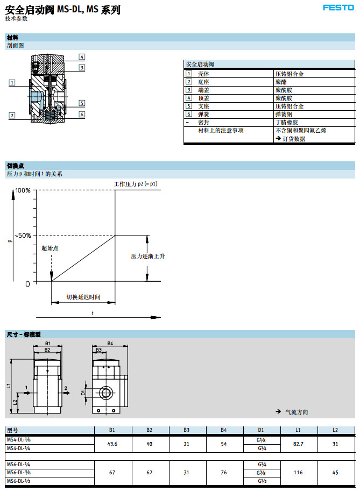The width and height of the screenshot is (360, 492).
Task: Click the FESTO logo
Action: [338, 8]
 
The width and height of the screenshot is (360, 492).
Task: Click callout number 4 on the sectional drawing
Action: [82, 57]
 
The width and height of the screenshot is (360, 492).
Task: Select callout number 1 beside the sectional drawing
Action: [12, 82]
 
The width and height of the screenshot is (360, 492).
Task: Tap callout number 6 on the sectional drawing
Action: [82, 114]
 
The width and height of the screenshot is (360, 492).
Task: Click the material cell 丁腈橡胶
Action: [283, 122]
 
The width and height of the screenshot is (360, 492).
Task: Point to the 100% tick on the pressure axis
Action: [23, 190]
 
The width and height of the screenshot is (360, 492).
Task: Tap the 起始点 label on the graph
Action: [50, 248]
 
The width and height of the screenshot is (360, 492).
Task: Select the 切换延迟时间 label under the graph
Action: [83, 297]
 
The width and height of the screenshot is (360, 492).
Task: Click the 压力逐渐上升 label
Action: [147, 256]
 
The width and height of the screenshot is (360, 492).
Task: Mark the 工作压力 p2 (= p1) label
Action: [136, 184]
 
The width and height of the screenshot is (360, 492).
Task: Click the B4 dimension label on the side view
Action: [110, 343]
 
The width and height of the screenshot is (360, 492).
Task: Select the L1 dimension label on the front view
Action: [9, 386]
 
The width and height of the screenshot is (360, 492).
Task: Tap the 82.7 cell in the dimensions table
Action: [298, 444]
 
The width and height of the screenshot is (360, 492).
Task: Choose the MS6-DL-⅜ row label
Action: [18, 473]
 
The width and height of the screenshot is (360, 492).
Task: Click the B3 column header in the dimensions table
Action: [187, 430]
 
